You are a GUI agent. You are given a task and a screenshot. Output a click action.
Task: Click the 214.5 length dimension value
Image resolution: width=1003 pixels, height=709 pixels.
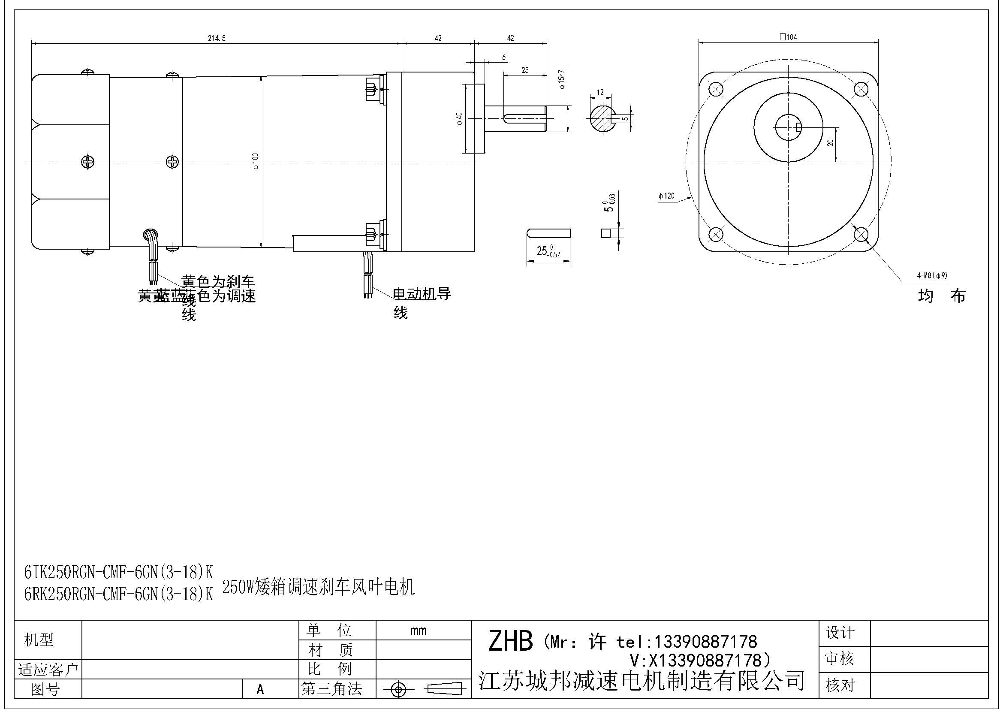(216, 39)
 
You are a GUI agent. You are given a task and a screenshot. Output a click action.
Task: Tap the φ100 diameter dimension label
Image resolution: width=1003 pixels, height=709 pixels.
(255, 161)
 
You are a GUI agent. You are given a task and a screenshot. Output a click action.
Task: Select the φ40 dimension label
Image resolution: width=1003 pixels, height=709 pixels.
(459, 118)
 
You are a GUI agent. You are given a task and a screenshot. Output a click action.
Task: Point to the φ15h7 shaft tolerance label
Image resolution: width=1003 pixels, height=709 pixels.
(562, 79)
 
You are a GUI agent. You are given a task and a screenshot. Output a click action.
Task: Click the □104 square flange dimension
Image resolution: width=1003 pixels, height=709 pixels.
(788, 37)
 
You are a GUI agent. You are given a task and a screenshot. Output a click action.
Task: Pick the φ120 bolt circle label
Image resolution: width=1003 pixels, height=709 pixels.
(666, 196)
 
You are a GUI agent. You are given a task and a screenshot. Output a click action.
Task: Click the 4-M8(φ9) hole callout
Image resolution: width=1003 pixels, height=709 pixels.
(932, 276)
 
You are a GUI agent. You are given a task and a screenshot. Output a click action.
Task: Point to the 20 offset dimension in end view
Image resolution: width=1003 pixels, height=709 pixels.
(831, 142)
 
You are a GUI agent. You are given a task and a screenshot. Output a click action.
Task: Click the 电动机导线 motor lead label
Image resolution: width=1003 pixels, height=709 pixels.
(421, 294)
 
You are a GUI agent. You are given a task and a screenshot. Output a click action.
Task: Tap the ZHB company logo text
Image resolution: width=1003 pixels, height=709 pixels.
(510, 641)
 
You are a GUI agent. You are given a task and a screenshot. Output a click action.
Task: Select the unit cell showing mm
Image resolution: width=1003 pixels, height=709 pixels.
(418, 631)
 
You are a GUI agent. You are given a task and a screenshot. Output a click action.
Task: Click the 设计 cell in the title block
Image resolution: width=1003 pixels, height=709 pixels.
(840, 633)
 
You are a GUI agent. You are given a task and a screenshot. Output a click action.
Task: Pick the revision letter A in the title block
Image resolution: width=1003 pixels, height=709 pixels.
(260, 689)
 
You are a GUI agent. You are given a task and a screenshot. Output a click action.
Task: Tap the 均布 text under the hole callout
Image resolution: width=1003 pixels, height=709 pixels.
(941, 296)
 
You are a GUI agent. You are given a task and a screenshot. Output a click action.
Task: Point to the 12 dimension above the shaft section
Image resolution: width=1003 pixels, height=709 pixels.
(600, 93)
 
